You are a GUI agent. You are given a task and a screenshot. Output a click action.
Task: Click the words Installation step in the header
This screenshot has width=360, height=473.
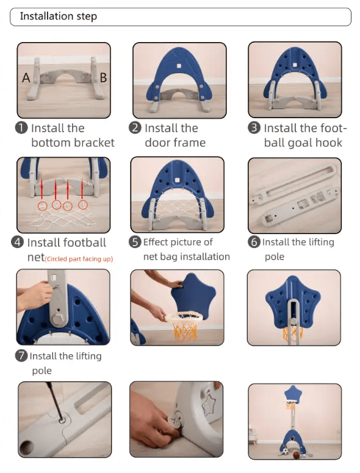[x=59, y=16]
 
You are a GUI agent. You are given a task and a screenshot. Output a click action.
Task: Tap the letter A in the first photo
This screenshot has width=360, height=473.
[x=26, y=78]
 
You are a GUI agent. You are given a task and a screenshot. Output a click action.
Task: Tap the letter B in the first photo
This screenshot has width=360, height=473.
[x=103, y=78]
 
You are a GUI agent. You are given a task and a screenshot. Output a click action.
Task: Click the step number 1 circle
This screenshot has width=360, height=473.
[x=21, y=128]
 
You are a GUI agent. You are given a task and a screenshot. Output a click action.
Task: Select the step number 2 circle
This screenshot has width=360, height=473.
[x=135, y=128]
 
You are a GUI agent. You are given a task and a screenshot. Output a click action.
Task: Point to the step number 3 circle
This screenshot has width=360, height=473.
[x=254, y=128]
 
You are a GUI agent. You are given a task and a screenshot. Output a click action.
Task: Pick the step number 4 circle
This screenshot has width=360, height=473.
[x=18, y=242]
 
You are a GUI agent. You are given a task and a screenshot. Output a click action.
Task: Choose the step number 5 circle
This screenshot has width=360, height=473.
[x=135, y=242]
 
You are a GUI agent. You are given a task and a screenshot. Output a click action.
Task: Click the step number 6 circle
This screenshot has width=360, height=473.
[x=254, y=242]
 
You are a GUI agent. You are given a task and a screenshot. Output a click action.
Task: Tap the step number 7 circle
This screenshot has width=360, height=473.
[x=21, y=356]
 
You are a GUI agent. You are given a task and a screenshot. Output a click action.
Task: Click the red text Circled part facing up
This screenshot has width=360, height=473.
[x=79, y=259]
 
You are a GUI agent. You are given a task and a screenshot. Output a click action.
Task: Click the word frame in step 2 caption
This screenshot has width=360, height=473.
[x=191, y=143]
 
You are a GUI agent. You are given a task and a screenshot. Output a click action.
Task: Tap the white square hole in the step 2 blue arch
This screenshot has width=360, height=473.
[x=179, y=66]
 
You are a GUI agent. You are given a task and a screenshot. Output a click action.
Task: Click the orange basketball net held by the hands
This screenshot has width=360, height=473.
[x=184, y=331]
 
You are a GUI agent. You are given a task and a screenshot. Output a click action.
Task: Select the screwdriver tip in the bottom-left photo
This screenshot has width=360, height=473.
[x=62, y=419]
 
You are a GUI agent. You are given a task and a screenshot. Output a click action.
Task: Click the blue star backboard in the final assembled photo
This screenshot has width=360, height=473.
[x=293, y=394]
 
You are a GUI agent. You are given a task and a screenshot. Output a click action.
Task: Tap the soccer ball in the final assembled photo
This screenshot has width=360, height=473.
[x=285, y=452]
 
